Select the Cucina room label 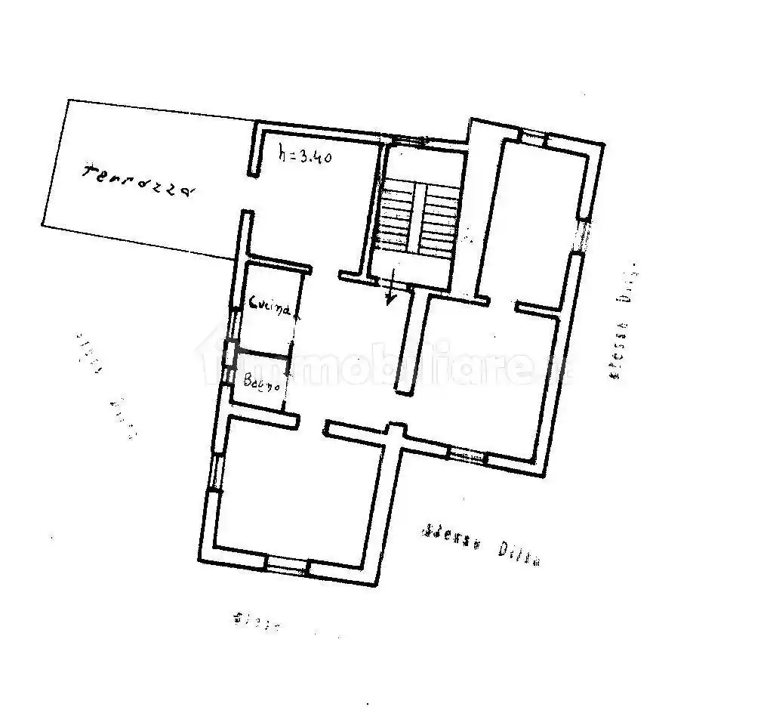(270, 307)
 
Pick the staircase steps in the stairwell (418, 216)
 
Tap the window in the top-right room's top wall (534, 137)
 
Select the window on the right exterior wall (582, 236)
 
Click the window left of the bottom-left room (216, 474)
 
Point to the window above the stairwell (412, 140)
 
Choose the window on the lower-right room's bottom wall (468, 455)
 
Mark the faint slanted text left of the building (106, 384)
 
